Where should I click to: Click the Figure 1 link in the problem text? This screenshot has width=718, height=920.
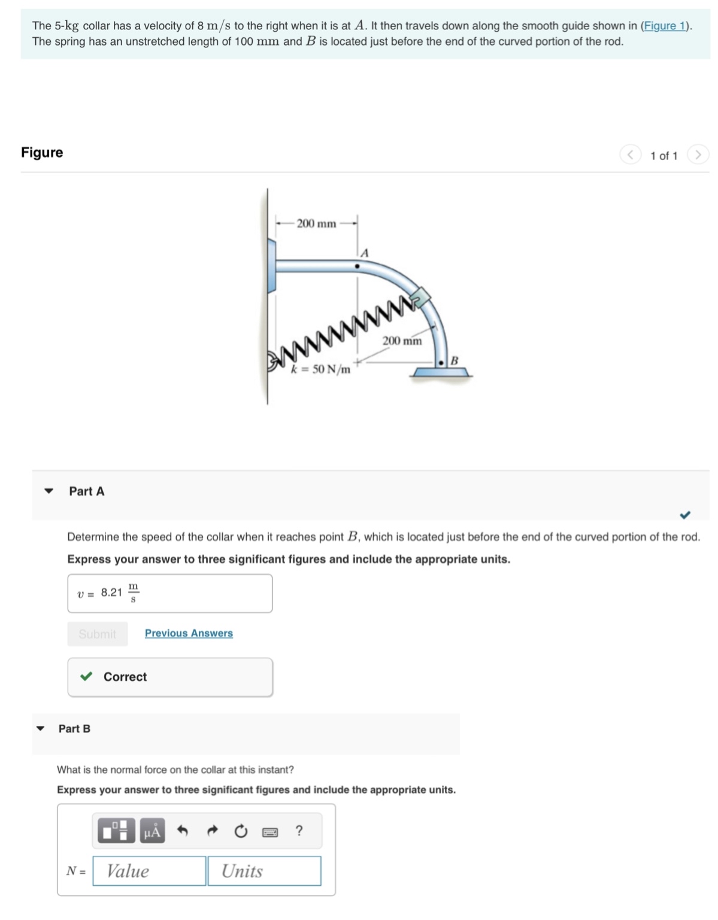click(665, 26)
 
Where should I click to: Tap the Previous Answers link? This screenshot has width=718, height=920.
click(189, 633)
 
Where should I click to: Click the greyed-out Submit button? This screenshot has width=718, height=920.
click(98, 634)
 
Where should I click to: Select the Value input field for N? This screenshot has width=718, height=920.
click(149, 871)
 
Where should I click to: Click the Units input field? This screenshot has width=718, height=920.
click(264, 871)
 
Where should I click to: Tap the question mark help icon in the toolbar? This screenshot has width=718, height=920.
click(299, 831)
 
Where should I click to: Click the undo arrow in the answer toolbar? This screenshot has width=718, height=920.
click(183, 831)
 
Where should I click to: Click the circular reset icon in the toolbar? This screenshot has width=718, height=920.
click(241, 831)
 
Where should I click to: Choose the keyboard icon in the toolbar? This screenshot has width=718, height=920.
click(270, 832)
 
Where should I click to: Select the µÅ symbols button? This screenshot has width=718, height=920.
click(152, 831)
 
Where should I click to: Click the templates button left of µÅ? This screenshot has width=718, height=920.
click(116, 831)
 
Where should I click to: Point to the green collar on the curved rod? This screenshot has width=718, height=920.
click(421, 295)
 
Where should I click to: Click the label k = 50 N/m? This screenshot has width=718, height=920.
click(320, 369)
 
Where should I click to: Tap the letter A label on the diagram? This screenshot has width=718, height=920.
click(364, 253)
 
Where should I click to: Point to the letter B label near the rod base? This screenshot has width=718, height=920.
click(454, 360)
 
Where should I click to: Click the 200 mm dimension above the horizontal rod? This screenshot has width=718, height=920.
click(316, 224)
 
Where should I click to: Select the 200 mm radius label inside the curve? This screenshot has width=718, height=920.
click(402, 340)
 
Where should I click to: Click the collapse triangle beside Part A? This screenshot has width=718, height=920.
click(49, 491)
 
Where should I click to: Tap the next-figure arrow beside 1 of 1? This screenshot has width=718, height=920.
click(698, 155)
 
